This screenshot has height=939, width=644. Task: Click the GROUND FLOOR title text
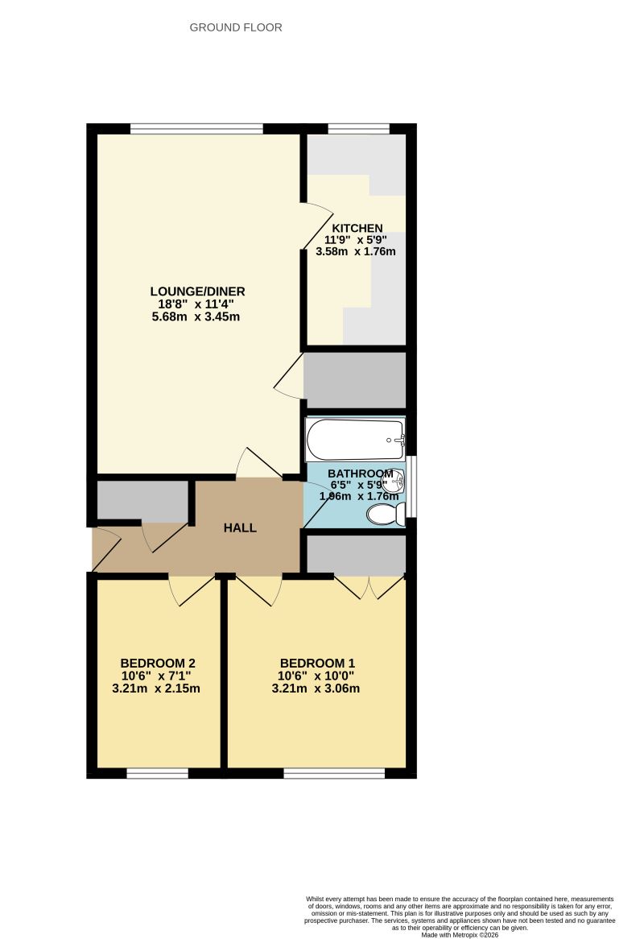click(x=236, y=27)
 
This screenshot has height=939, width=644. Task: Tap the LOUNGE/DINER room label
click(x=197, y=292)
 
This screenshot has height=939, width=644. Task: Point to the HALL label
click(x=240, y=528)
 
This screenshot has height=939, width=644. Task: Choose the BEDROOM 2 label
click(x=156, y=664)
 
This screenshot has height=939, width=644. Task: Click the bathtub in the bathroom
click(x=354, y=440)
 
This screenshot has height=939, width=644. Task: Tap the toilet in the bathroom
click(x=386, y=515)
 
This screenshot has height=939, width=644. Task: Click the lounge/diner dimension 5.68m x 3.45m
click(x=197, y=316)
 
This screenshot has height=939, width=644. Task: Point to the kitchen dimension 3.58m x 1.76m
click(x=360, y=251)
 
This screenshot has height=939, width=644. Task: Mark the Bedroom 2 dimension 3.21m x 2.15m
click(x=156, y=689)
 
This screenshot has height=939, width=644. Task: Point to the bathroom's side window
click(x=411, y=486)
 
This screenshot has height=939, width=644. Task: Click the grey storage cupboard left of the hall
click(x=142, y=501)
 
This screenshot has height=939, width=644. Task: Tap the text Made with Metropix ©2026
click(x=460, y=934)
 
